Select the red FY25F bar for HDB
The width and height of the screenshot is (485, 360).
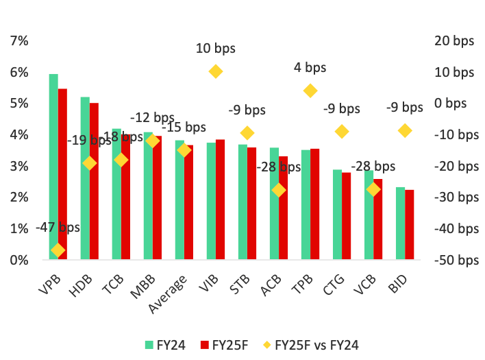tap(94, 181)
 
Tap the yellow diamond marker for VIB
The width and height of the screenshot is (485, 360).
tap(216, 71)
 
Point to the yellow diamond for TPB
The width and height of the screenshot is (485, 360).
tap(310, 91)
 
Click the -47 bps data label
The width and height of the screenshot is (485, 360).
tap(58, 228)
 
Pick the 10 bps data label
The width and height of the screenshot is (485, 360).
tap(215, 48)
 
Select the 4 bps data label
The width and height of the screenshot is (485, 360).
tap(310, 67)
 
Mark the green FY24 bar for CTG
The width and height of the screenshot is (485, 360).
tap(337, 215)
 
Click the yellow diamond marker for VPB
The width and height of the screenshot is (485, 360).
tap(58, 250)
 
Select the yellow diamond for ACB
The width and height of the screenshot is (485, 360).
tap(279, 190)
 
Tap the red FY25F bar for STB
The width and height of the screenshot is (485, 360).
tap(251, 203)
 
